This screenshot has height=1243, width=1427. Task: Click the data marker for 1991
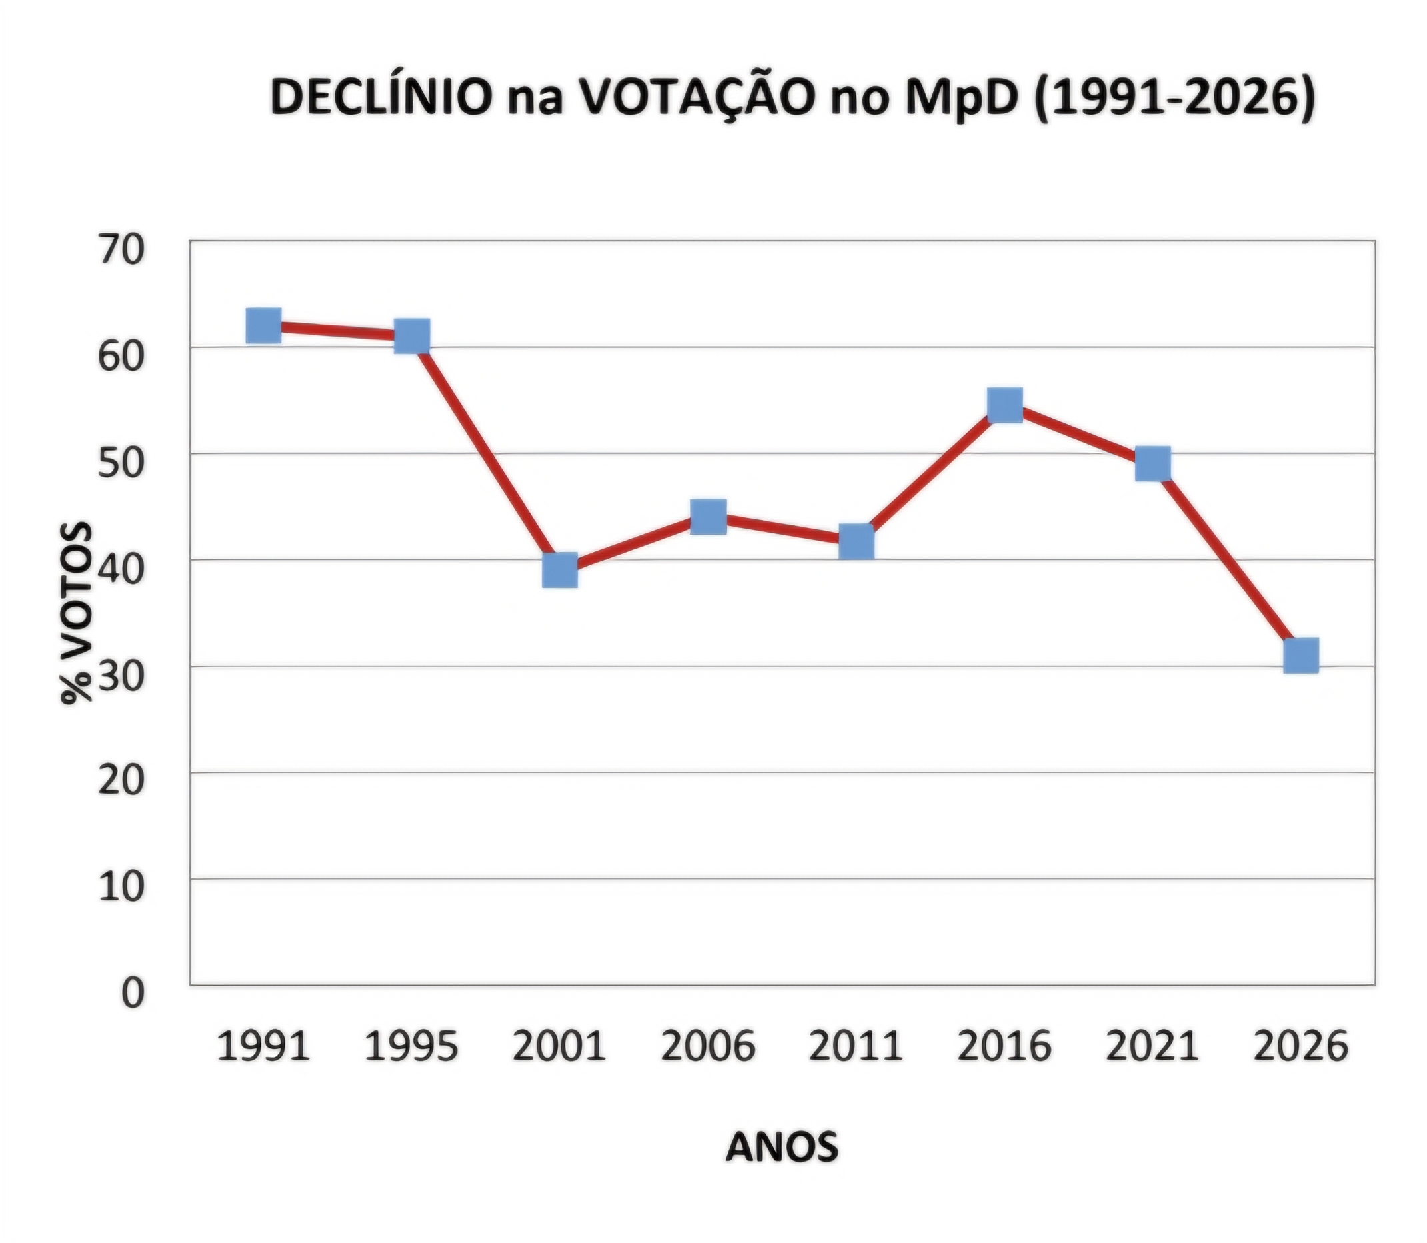pos(263,325)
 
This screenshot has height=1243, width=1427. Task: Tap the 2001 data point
pos(560,570)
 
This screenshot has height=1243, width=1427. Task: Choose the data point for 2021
pos(1153,463)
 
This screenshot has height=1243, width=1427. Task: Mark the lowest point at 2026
pos(1301,656)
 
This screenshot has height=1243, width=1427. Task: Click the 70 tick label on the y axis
pos(121,251)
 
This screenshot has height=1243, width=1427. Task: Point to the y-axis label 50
pos(121,464)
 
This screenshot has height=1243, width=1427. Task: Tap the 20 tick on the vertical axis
pos(121,783)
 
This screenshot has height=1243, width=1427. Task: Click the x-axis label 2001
pos(560,1047)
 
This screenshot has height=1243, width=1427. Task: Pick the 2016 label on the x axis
pos(1004,1047)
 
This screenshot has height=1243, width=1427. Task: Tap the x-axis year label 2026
pos(1301,1047)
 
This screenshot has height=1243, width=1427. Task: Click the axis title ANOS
pos(782,1146)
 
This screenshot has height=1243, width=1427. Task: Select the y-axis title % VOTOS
pos(75,613)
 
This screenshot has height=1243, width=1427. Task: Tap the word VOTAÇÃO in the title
pos(694,97)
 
